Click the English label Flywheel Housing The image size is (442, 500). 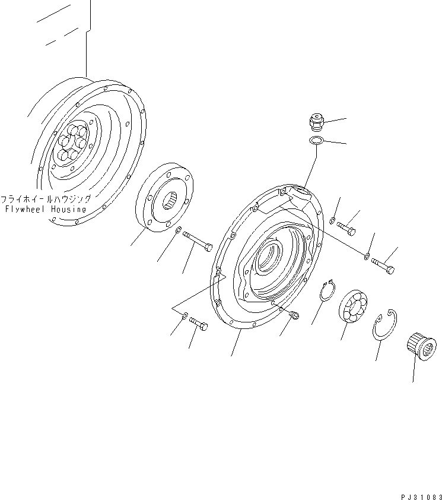[45, 210]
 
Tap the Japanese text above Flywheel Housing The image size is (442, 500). [46, 200]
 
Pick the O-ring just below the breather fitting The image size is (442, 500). [316, 141]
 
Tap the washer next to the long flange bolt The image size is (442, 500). [179, 230]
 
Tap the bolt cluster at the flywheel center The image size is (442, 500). [71, 144]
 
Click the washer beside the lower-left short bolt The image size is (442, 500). [185, 315]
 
